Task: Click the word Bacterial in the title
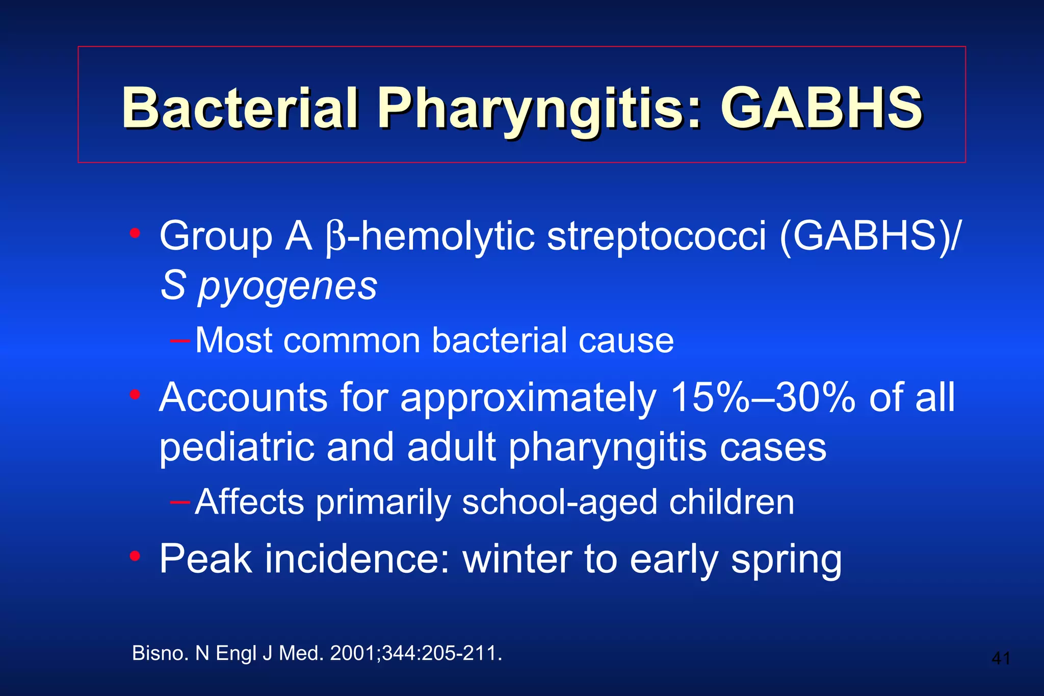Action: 240,109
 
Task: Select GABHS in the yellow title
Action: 821,109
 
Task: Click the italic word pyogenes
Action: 288,286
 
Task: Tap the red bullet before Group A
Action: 135,233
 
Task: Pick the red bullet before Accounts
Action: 135,394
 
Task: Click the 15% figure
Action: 710,397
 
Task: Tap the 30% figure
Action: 815,397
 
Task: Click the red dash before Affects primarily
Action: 180,502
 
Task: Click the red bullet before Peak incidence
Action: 135,556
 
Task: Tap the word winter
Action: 517,559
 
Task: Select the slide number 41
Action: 1001,658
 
